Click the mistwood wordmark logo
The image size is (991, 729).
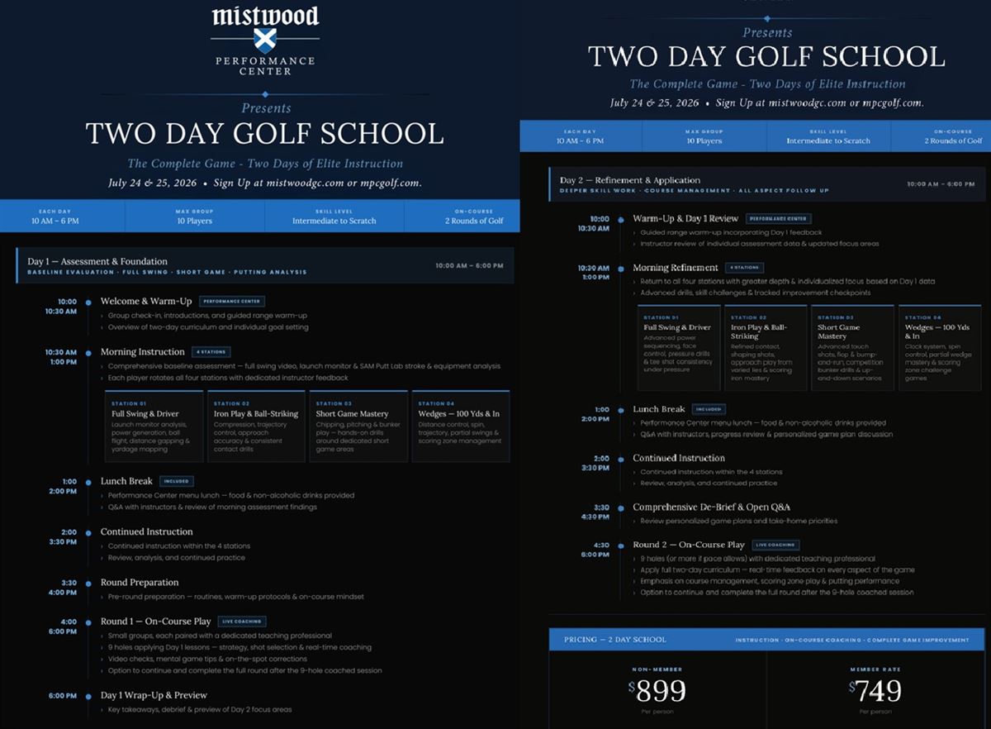pyautogui.click(x=264, y=16)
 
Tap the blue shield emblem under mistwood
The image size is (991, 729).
pyautogui.click(x=264, y=39)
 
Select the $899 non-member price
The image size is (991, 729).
pyautogui.click(x=657, y=691)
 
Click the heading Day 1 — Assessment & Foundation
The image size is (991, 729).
pyautogui.click(x=97, y=261)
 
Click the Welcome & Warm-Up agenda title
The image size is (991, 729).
pyautogui.click(x=146, y=302)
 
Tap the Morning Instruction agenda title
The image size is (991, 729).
pyautogui.click(x=142, y=352)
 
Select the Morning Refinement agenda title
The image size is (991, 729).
pyautogui.click(x=676, y=268)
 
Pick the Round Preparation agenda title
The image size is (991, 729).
pyautogui.click(x=140, y=583)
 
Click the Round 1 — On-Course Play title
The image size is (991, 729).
pyautogui.click(x=156, y=622)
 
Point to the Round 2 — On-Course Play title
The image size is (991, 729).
pyautogui.click(x=689, y=545)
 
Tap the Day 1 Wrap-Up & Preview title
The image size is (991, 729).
pyautogui.click(x=154, y=695)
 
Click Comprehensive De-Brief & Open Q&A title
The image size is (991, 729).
pyautogui.click(x=711, y=507)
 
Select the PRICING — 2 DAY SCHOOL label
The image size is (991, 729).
pyautogui.click(x=615, y=640)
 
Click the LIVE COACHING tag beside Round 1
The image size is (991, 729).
pyautogui.click(x=241, y=622)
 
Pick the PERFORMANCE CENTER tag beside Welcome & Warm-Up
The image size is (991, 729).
pyautogui.click(x=231, y=302)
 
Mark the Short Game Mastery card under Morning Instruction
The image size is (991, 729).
pyautogui.click(x=358, y=426)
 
